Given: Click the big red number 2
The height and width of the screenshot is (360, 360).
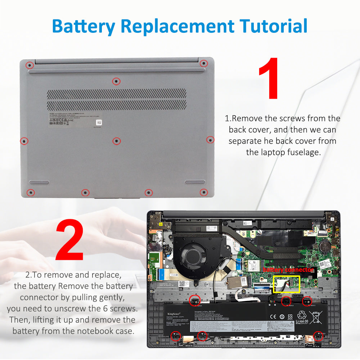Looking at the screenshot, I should tap(69, 240).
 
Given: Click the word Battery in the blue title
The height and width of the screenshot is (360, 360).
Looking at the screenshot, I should tap(84, 26).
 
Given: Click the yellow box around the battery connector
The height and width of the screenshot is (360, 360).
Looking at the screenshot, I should tap(287, 284).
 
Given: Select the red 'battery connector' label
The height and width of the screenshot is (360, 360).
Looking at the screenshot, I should tap(288, 270).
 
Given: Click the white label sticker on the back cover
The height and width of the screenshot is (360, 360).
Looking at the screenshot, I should tap(76, 119).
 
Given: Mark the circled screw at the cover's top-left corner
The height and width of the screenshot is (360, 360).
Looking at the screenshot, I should tap(30, 65).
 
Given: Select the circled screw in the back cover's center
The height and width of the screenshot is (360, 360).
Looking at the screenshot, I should tap(116, 141).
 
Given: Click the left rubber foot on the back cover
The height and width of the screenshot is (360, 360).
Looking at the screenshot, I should tap(39, 183).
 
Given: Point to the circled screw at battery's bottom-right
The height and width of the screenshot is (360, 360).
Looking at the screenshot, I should tap(318, 336).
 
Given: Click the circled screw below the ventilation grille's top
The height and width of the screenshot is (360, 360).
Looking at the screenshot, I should tap(116, 82).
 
